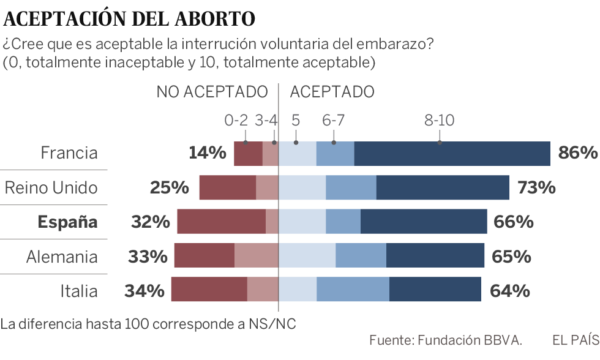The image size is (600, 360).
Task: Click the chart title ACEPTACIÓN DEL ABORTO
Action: (x=129, y=19)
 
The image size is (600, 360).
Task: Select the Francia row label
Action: (x=69, y=153)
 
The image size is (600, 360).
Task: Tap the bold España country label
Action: (x=67, y=222)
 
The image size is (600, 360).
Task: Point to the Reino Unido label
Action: (x=51, y=187)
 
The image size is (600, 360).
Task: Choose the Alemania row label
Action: (x=61, y=256)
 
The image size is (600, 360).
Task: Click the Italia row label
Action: (x=78, y=290)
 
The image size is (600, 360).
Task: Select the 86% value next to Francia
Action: (x=577, y=153)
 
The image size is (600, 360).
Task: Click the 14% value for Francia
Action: (x=207, y=153)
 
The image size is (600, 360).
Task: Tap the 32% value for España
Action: (x=150, y=222)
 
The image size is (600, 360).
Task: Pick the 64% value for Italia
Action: (x=510, y=290)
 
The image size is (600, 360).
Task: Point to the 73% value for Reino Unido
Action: (x=536, y=187)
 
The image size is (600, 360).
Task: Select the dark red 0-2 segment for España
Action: (x=221, y=222)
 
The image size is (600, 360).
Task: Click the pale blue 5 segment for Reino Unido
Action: (x=302, y=187)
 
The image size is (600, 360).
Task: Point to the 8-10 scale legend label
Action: (x=439, y=121)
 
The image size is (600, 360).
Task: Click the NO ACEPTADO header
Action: (x=212, y=92)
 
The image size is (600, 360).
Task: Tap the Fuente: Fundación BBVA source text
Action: (x=446, y=340)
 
